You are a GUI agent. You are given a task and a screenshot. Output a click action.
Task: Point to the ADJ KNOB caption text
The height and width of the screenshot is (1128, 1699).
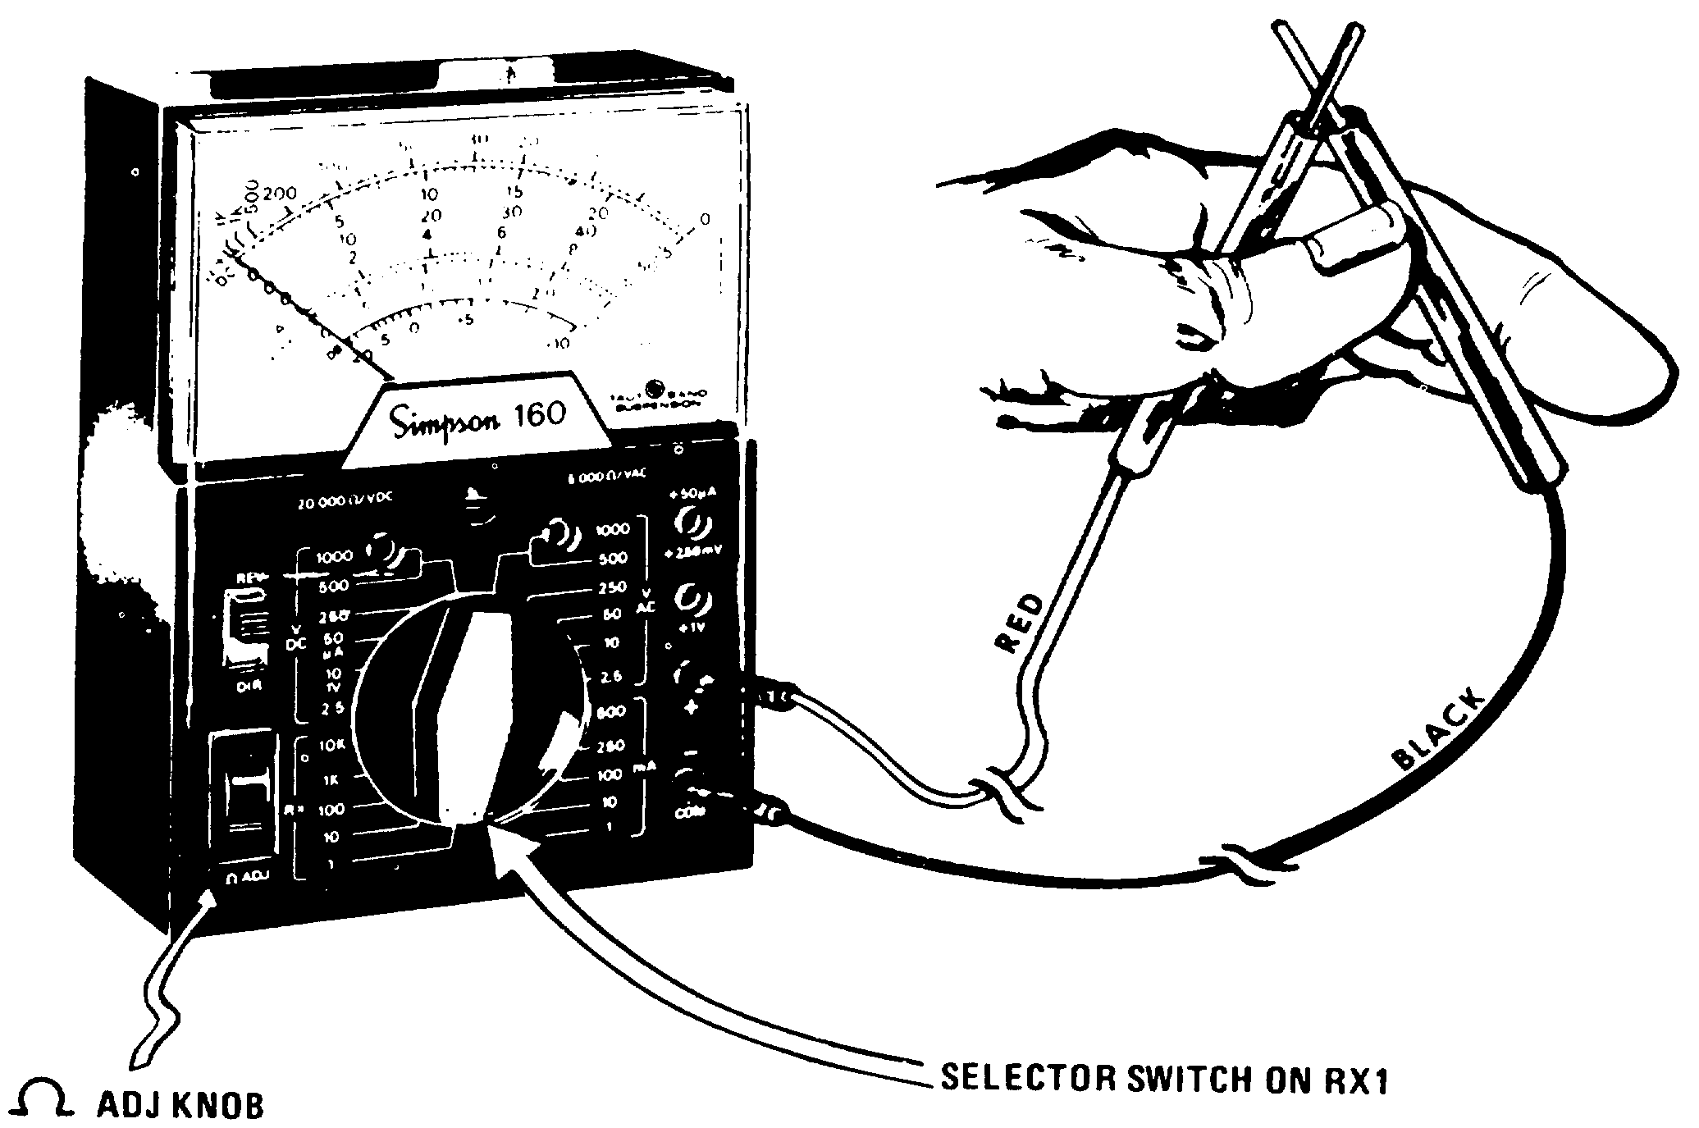(x=180, y=1104)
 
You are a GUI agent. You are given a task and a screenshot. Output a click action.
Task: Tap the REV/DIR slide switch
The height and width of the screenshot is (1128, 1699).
(x=246, y=628)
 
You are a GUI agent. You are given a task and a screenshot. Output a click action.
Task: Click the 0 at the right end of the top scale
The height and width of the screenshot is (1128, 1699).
(x=704, y=219)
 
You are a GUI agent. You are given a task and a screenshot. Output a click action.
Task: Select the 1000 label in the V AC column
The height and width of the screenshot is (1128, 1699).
(x=612, y=530)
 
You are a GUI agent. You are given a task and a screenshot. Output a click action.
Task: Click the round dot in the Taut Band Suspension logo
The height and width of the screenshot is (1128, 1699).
(x=655, y=387)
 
